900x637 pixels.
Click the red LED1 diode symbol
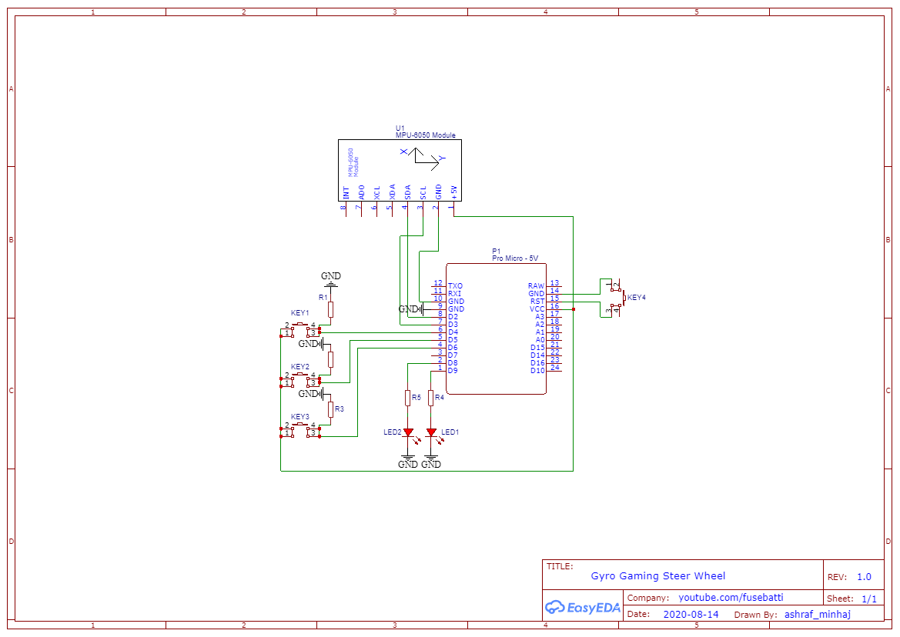coord(431,432)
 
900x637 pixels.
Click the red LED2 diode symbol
coord(408,432)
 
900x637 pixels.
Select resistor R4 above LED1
coord(431,398)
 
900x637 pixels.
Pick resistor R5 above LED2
coord(408,398)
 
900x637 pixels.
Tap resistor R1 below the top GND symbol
coord(330,309)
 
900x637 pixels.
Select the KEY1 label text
coord(299,313)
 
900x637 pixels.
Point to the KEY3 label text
coord(299,416)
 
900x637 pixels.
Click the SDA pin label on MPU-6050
coord(407,192)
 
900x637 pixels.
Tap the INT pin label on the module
coord(346,193)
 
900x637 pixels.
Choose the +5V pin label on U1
coord(454,192)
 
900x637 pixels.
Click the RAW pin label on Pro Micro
coord(536,286)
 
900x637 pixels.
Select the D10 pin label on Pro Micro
coord(537,371)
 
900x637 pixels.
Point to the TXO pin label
coord(455,286)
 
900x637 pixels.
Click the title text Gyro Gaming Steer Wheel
coord(657,576)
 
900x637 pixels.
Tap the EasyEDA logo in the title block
coord(582,608)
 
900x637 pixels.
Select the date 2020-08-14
coord(690,615)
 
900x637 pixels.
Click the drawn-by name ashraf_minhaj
coord(817,615)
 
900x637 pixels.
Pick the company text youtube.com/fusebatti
coord(731,598)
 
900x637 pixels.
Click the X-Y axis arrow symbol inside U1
coord(423,157)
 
